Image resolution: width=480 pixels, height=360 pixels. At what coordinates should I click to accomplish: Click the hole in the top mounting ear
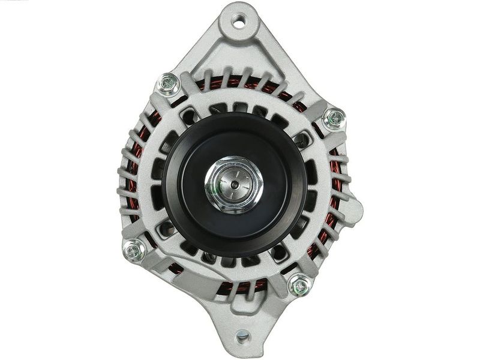tap(239, 23)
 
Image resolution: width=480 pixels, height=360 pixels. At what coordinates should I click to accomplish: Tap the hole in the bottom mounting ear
tap(242, 337)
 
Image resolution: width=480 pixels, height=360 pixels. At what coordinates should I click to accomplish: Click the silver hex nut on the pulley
tap(234, 184)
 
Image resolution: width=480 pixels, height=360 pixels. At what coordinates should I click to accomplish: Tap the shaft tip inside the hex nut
tap(234, 183)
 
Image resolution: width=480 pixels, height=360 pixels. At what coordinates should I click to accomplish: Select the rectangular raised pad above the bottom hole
tap(242, 313)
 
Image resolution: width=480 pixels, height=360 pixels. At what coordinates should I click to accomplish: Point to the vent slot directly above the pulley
tap(241, 107)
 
